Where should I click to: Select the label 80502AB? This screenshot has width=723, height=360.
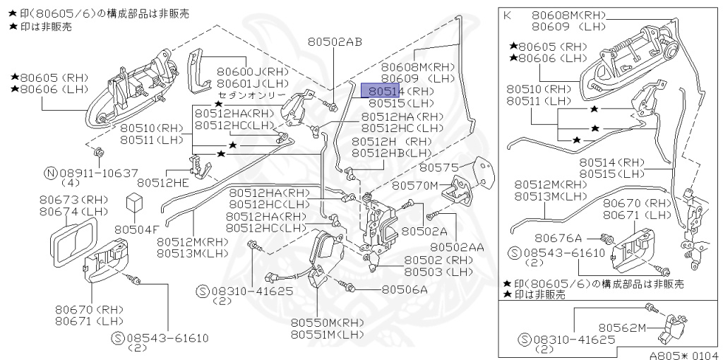334,42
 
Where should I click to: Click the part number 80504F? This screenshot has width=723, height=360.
137,229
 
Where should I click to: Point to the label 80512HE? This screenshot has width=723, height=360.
163,183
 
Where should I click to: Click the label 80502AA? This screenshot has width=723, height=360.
457,247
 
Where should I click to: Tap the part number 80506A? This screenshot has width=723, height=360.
405,289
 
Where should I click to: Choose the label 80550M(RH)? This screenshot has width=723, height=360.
327,322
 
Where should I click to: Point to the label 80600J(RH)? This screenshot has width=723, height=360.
252,71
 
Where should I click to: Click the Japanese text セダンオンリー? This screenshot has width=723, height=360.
251,95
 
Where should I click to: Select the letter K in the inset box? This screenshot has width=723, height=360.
507,14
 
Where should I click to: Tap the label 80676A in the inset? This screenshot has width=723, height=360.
558,239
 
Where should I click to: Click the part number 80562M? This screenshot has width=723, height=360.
623,328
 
